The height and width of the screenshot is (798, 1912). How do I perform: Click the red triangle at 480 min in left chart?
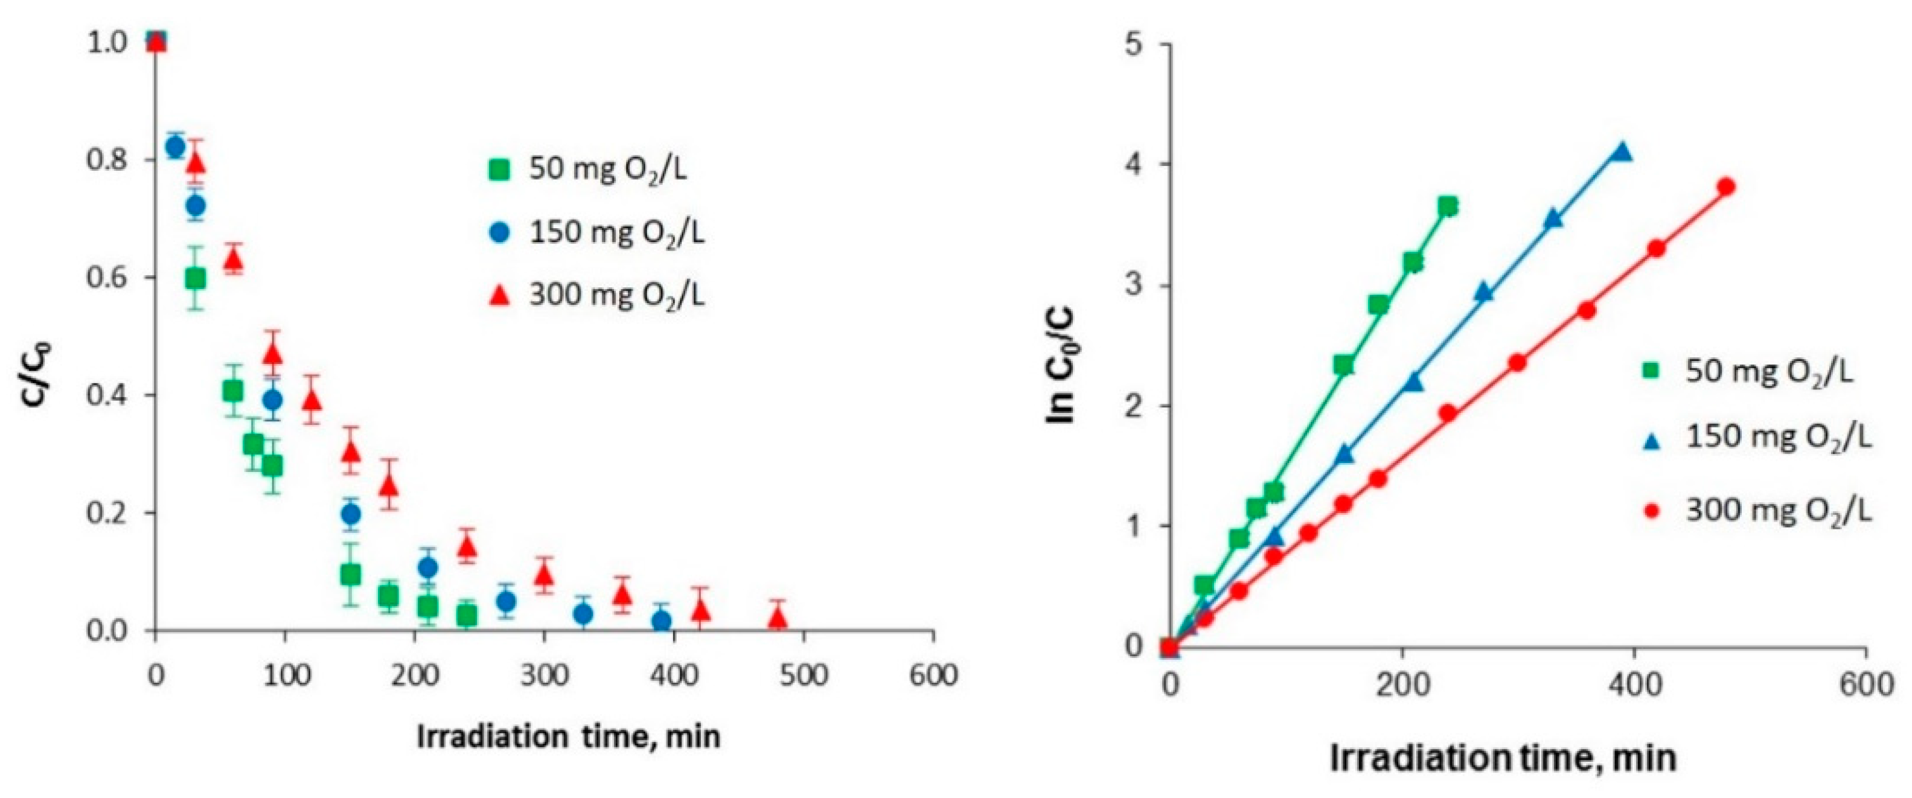point(777,618)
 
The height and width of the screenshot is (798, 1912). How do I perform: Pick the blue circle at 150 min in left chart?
point(351,514)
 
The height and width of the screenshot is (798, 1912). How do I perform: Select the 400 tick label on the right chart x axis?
point(1633,685)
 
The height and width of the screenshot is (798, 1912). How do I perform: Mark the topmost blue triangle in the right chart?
point(1622,152)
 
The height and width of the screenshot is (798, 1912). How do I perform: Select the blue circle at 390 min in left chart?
point(661,621)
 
